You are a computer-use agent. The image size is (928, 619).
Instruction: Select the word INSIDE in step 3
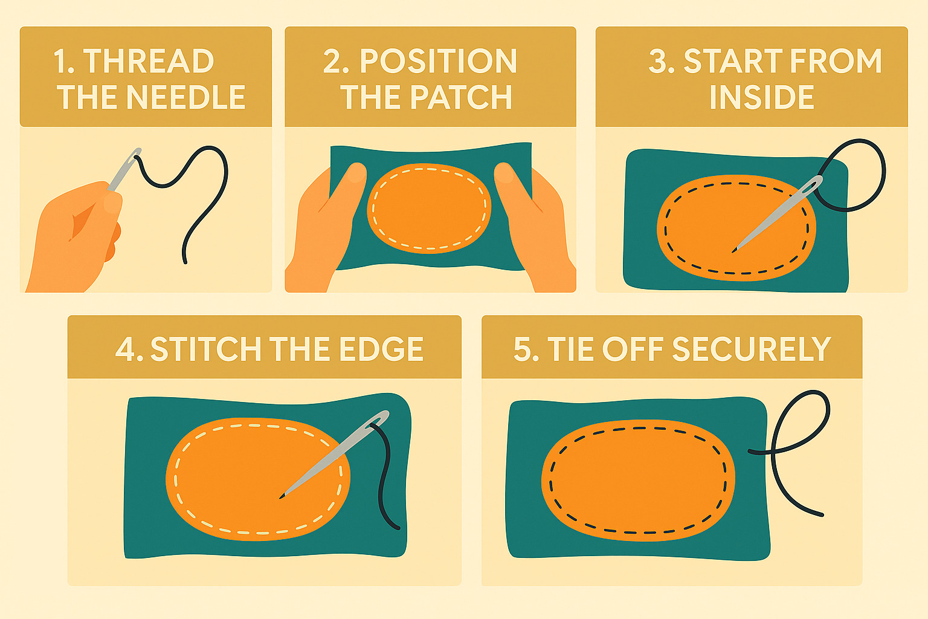761,97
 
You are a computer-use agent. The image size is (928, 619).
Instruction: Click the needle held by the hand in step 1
124,170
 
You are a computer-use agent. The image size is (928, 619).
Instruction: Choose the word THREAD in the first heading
148,62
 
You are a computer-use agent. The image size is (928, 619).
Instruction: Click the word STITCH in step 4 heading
206,349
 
